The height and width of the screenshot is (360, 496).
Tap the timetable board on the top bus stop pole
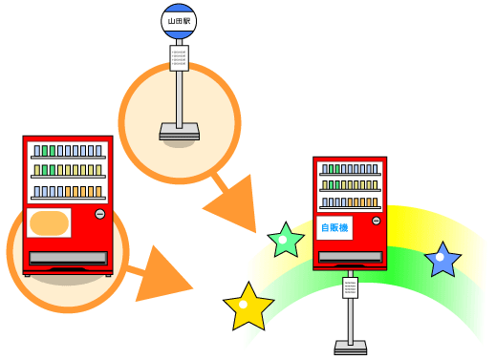click(x=180, y=57)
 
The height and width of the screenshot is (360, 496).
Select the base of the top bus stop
click(x=180, y=130)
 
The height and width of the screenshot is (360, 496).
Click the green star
click(x=285, y=241)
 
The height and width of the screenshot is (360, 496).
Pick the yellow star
click(x=248, y=306)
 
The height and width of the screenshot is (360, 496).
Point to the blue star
click(x=442, y=259)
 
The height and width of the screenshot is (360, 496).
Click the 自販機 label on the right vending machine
click(x=334, y=228)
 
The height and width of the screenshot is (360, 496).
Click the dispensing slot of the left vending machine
click(x=67, y=258)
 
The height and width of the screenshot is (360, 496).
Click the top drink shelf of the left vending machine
click(x=67, y=151)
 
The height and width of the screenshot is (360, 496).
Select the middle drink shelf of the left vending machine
click(x=67, y=171)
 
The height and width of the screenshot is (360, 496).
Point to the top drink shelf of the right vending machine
click(x=349, y=169)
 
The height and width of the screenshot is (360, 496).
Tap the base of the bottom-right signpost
click(x=350, y=347)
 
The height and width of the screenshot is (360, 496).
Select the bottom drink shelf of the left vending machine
click(x=67, y=191)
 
